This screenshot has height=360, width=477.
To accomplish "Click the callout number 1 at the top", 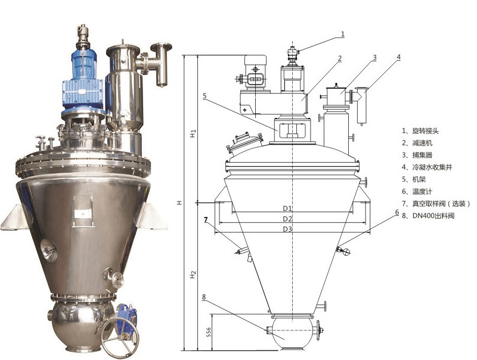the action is point(343,34).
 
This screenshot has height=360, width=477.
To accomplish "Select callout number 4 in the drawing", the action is point(399,57).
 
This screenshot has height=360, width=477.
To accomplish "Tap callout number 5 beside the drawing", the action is point(205,96).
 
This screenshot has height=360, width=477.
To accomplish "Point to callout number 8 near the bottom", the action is point(204,297).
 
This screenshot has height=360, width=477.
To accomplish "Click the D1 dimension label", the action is point(287,208).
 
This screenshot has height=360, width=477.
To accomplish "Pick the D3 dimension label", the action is point(287,229).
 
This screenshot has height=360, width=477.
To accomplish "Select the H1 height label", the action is point(193,133).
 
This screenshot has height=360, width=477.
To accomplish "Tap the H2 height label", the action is point(193,275).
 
